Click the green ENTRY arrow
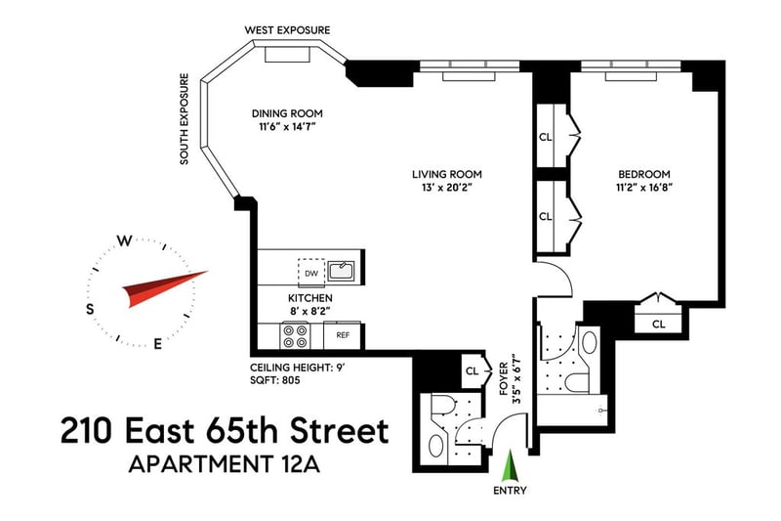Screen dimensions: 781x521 click(510, 465)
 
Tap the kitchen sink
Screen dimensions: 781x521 click(341, 271)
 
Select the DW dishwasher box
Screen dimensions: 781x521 click(311, 273)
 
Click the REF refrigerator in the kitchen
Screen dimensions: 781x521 click(343, 335)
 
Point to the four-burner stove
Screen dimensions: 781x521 click(295, 336)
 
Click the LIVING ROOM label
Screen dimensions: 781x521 click(447, 175)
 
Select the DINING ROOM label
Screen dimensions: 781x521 click(287, 113)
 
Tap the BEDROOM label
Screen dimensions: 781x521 click(644, 175)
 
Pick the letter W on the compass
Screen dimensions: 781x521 click(125, 241)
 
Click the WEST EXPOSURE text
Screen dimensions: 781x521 click(287, 30)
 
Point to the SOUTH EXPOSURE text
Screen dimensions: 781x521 click(185, 119)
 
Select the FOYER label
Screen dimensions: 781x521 click(504, 378)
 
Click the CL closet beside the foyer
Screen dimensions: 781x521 click(472, 371)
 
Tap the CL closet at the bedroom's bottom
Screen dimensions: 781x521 click(658, 325)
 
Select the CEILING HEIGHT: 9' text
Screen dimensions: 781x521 click(298, 368)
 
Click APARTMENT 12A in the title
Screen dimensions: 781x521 click(225, 464)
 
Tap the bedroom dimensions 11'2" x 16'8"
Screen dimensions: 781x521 click(644, 188)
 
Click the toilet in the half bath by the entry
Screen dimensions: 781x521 click(442, 405)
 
